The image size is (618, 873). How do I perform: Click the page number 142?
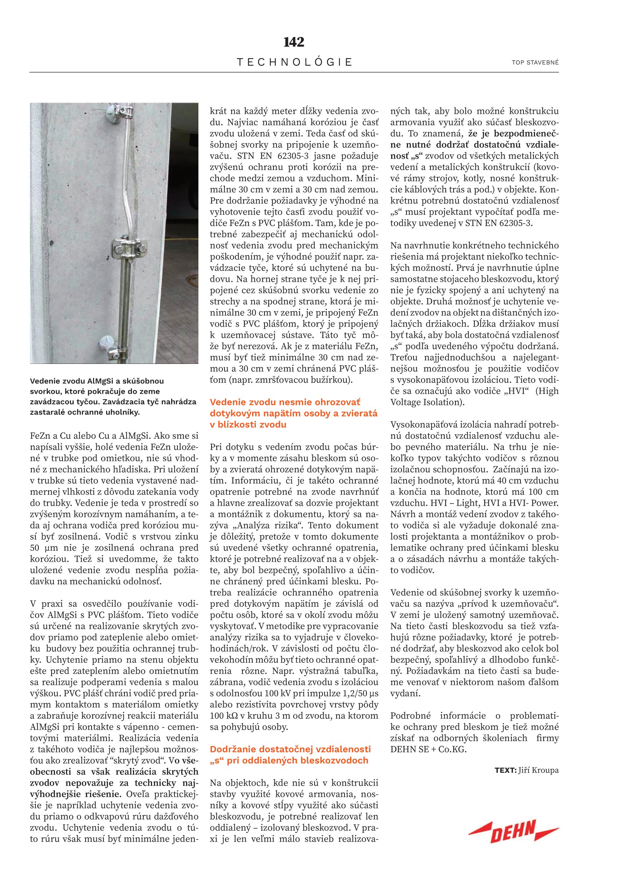[x=294, y=42]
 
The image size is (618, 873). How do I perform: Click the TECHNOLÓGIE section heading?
[x=294, y=62]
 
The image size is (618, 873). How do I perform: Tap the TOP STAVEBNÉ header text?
[x=535, y=63]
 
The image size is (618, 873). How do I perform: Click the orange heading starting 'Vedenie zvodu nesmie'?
[x=293, y=413]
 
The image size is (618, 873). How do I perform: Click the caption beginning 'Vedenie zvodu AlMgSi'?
[x=113, y=397]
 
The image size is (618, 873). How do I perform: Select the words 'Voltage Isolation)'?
[x=427, y=402]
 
